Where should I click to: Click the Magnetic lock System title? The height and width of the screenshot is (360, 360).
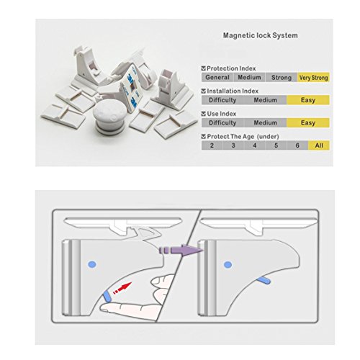pos(261,35)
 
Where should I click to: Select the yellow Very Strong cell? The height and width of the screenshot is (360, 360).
pos(313,78)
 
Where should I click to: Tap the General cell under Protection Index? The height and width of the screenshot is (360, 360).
pos(217,78)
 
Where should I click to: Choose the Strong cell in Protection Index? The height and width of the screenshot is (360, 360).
pos(282,78)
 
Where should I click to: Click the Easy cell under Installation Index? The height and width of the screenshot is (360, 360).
pos(308,100)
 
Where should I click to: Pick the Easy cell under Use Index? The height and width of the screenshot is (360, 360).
pos(308,122)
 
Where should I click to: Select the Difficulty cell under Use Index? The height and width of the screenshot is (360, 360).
pos(222,122)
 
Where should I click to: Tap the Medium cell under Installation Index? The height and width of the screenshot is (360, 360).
pos(265,100)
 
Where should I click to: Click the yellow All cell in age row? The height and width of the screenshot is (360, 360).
pos(319,145)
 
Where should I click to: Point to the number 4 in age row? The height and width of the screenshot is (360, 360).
pos(255,145)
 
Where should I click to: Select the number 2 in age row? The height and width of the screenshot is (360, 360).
pos(212,145)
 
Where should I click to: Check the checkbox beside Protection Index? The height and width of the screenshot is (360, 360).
pos(204,68)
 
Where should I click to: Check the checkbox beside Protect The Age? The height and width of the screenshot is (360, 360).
pos(204,137)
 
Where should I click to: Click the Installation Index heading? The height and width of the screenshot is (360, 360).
pos(233,91)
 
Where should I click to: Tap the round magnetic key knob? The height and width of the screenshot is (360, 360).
pos(109,117)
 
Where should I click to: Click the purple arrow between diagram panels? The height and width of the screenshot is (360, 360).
pos(181,251)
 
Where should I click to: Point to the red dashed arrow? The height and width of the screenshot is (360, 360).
pos(122,288)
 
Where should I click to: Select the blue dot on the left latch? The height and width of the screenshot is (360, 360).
pos(92,265)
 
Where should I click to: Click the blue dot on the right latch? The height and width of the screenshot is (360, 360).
pos(228,265)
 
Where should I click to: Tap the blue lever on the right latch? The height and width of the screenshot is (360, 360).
pos(264,280)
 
